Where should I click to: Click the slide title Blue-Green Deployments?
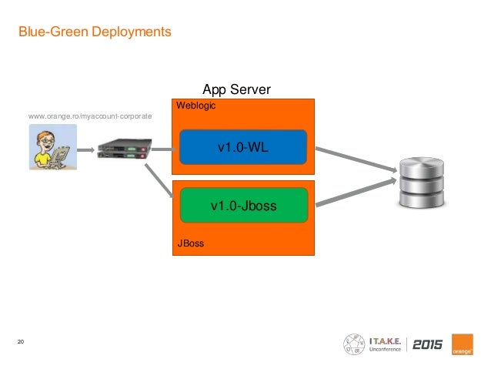tap(95, 32)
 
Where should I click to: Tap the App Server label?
tap(237, 89)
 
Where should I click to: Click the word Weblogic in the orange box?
tap(195, 106)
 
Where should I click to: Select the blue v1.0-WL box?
tap(243, 147)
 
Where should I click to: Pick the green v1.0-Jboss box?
tap(244, 206)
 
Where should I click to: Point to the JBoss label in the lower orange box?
tap(191, 243)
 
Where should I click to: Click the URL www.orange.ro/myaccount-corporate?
tap(90, 116)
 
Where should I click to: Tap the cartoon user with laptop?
tap(53, 147)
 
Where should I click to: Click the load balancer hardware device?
tap(125, 149)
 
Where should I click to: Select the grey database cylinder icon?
tap(422, 183)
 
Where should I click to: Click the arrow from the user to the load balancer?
tap(85, 150)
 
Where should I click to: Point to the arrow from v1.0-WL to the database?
tap(356, 159)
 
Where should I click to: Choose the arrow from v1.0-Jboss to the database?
tap(356, 193)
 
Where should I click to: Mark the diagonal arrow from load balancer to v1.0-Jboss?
tap(159, 181)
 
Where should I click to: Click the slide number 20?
tap(21, 342)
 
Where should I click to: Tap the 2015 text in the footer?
tap(427, 344)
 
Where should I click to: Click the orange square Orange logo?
tap(463, 344)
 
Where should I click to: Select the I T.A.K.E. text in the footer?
tap(385, 341)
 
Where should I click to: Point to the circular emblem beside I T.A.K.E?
tap(354, 344)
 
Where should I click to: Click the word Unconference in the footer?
tap(385, 349)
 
